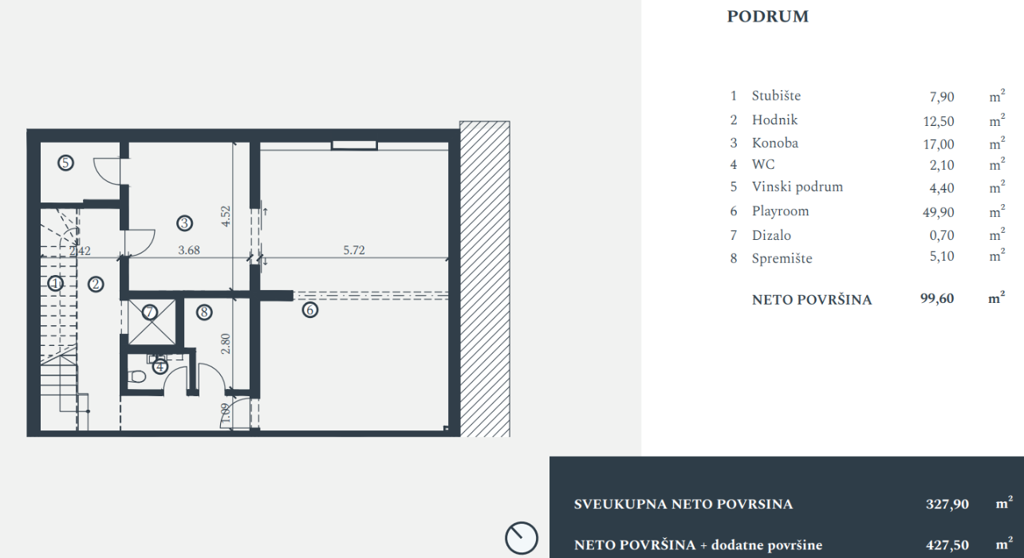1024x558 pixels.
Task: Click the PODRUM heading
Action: (767, 17)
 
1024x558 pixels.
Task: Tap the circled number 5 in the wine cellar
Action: (65, 163)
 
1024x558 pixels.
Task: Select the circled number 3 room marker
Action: (184, 223)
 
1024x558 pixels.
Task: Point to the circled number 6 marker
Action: (310, 310)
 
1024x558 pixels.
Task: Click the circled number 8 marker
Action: (204, 312)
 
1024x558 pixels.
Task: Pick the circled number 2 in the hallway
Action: (96, 285)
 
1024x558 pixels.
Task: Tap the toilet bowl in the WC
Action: (136, 378)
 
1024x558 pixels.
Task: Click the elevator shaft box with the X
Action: (152, 322)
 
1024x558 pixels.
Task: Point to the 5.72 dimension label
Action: (354, 250)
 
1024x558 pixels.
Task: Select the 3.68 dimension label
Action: (189, 250)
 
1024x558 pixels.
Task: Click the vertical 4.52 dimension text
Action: (226, 216)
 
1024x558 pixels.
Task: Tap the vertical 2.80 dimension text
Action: (226, 344)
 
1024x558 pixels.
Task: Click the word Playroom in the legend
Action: (780, 211)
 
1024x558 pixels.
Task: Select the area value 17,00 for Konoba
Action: (939, 144)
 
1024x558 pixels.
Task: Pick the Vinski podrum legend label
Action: (798, 187)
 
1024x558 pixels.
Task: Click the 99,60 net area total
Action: (937, 298)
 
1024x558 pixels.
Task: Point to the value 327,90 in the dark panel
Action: (947, 504)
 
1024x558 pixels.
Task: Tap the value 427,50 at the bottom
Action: (947, 544)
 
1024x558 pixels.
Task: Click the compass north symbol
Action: (522, 538)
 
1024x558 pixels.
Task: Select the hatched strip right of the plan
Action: (485, 279)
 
